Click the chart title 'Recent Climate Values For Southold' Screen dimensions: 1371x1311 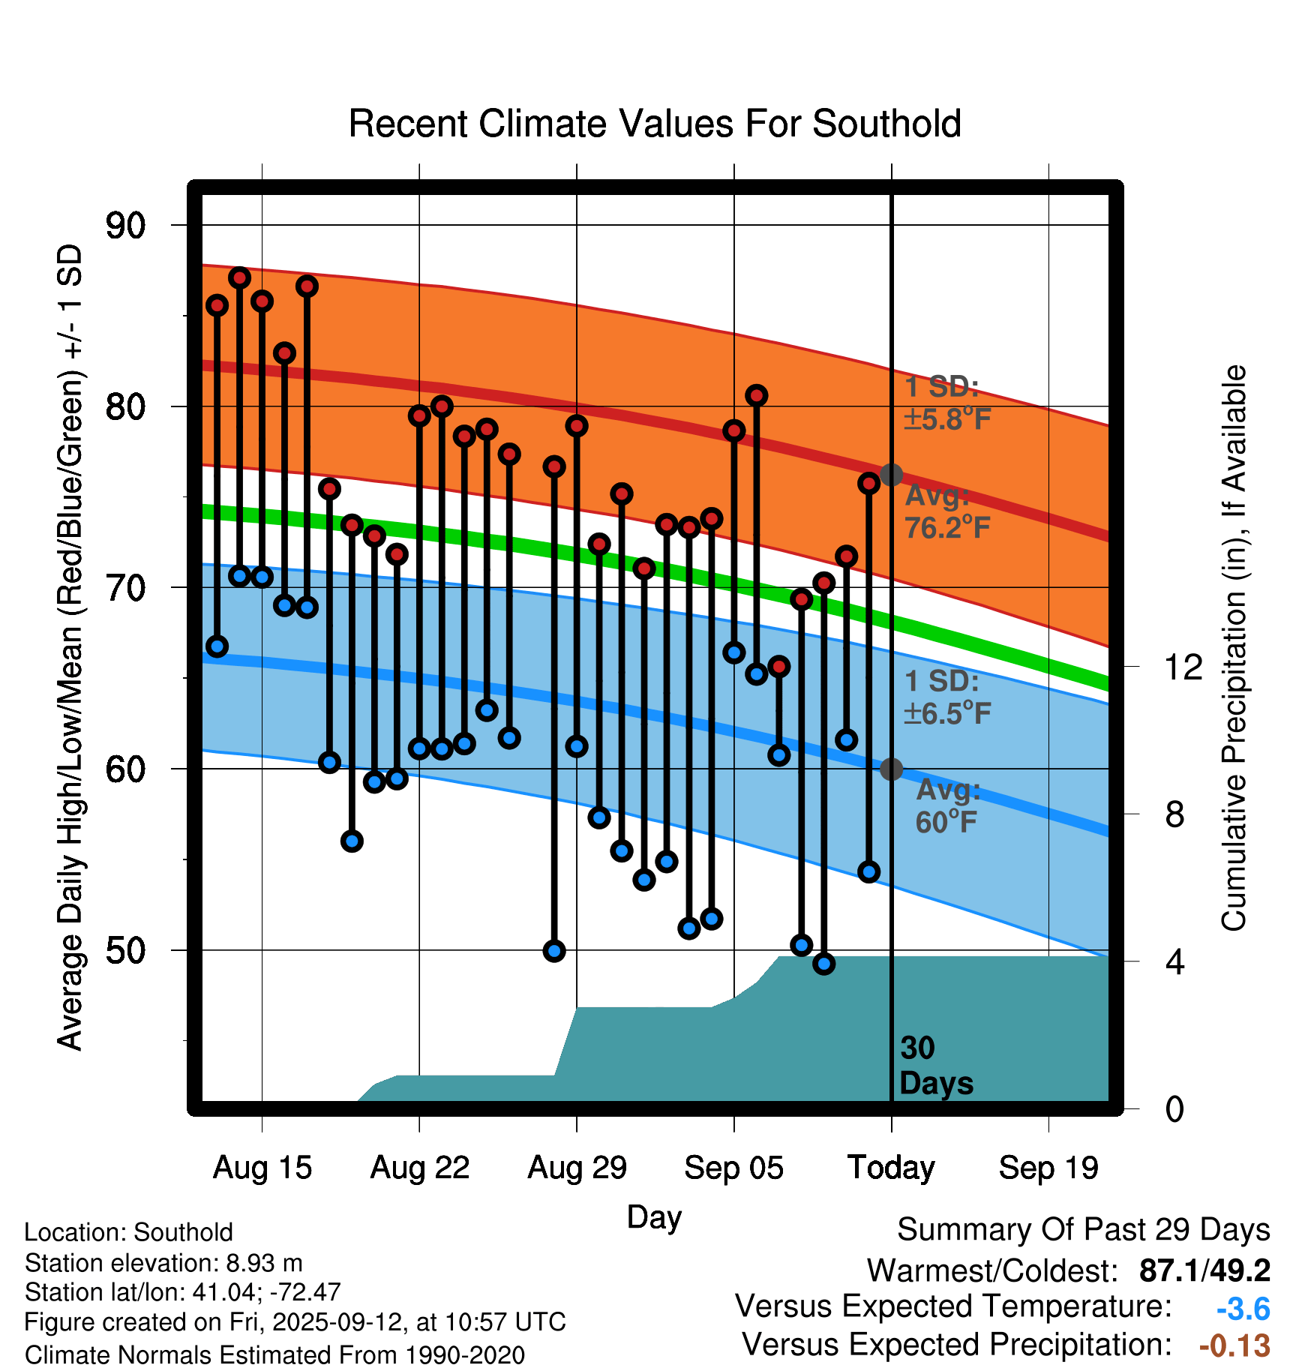click(x=655, y=124)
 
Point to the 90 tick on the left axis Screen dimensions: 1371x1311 click(x=125, y=225)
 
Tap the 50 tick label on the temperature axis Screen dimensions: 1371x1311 click(x=125, y=950)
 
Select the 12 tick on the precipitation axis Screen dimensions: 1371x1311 click(x=1183, y=667)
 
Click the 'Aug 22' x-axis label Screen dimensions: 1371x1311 click(x=419, y=1168)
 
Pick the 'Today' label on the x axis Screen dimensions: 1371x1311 click(x=891, y=1168)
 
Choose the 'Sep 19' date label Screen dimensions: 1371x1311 click(x=1048, y=1168)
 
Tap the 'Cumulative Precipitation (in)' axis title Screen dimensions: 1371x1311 click(x=1234, y=648)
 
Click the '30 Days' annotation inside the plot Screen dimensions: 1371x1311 click(x=935, y=1066)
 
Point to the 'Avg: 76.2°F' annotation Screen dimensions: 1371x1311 click(x=947, y=512)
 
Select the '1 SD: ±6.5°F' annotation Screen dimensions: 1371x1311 click(x=947, y=697)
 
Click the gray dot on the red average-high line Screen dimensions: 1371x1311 click(x=891, y=475)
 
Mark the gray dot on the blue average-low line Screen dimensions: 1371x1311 click(x=891, y=769)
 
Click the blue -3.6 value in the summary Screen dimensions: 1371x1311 click(x=1243, y=1309)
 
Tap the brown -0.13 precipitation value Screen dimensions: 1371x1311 click(x=1234, y=1345)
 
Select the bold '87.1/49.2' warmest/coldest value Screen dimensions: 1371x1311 click(x=1204, y=1270)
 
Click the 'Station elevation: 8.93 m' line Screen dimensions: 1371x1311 click(x=163, y=1263)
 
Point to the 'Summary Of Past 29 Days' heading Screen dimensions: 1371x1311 click(x=1083, y=1230)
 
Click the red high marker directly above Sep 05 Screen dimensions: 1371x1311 click(x=733, y=430)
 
